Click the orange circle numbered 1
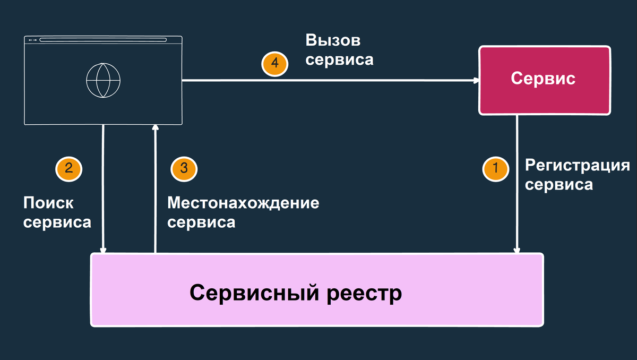coord(495,169)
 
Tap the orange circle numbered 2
coord(68,168)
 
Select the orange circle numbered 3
coord(184,168)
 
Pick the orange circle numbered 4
coord(274,63)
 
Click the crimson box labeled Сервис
coord(544,80)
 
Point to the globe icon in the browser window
coord(104,80)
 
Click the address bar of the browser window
coord(103,40)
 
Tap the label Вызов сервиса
coord(339,50)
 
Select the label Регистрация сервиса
coord(576,175)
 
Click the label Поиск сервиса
coord(57,212)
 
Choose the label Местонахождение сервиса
coord(243,212)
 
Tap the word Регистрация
coord(576,165)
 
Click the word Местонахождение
coord(243,202)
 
